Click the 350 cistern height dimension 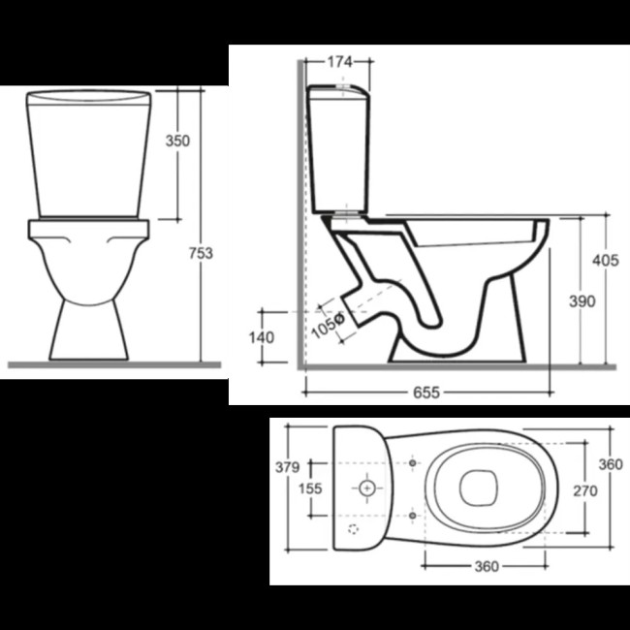(177, 142)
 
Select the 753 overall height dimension (201, 253)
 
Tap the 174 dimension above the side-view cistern (339, 62)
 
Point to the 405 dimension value (606, 261)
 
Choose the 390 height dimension (583, 301)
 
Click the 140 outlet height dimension (262, 337)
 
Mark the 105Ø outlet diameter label (329, 326)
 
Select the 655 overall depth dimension (426, 393)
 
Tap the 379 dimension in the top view (287, 467)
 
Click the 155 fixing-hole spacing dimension (310, 488)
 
